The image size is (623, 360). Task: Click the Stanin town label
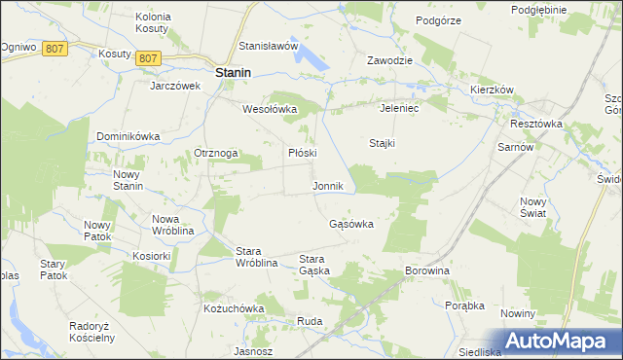point(233,72)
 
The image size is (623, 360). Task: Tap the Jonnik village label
point(327,186)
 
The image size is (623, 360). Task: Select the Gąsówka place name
point(351,223)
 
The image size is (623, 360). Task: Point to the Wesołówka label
point(269,109)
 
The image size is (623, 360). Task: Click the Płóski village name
point(303,152)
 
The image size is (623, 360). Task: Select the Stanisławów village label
point(268,46)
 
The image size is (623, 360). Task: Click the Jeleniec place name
point(399,108)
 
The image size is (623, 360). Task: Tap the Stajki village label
point(382,143)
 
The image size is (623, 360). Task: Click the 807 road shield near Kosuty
point(147,58)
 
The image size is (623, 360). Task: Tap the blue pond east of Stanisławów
point(312,57)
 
